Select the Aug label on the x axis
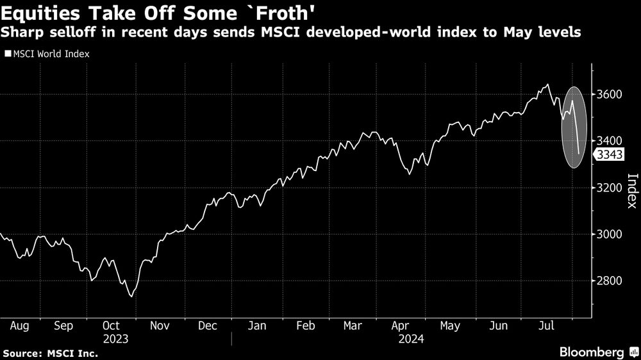[x=20, y=326]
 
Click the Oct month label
[x=112, y=326]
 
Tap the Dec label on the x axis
[x=208, y=326]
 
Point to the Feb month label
[x=305, y=326]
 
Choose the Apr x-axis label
[x=401, y=326]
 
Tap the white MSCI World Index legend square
[x=8, y=54]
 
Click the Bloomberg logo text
[x=592, y=352]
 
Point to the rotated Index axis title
[x=631, y=191]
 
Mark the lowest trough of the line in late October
[x=131, y=296]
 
